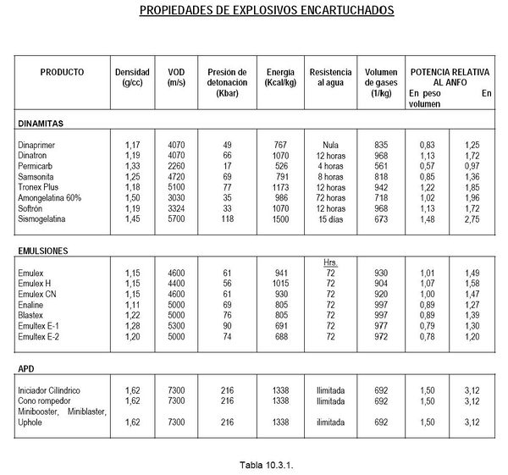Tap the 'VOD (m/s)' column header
(177, 77)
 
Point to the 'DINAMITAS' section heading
(41, 123)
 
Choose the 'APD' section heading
(25, 370)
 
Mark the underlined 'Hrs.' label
(330, 262)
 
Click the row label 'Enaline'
(31, 303)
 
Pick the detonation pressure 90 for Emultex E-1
(226, 324)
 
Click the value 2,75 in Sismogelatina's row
(472, 218)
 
